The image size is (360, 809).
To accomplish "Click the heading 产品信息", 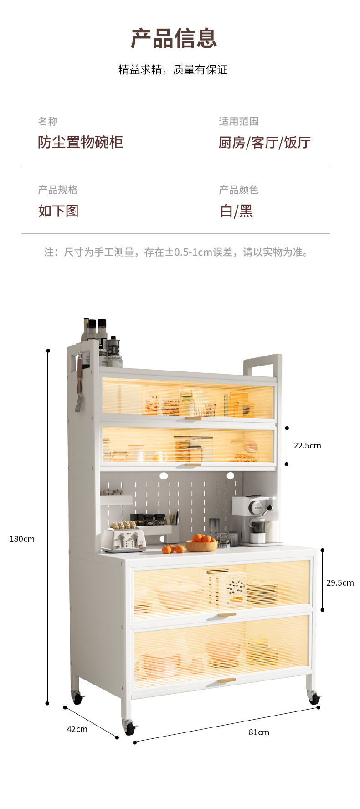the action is coord(174,38).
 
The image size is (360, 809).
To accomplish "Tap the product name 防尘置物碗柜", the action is coord(80,142).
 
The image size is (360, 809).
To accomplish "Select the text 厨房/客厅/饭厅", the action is coord(264,143).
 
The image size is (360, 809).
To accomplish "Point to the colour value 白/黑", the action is coord(236,211).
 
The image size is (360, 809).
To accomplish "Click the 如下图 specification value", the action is coord(58,211).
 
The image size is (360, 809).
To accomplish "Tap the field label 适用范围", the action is coord(238,121).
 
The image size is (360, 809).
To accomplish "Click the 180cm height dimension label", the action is coord(22,539).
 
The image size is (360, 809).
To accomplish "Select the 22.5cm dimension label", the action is coord(307,446).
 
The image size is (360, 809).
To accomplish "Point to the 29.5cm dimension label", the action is coord(339,583).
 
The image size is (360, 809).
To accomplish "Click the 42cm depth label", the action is coord(77,729).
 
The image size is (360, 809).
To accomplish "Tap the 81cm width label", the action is coord(258,732).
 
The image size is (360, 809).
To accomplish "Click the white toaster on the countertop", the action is coord(123,539).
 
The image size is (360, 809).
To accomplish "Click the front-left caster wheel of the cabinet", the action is coord(129,727).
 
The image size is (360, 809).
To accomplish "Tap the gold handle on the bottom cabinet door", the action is coord(226,680).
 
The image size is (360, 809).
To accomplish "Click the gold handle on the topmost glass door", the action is coord(193,418).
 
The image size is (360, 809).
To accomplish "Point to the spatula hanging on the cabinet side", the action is coord(79,387).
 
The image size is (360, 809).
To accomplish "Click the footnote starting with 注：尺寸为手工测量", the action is coord(175,252).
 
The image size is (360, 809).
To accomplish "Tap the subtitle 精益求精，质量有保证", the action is coord(173,70).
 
